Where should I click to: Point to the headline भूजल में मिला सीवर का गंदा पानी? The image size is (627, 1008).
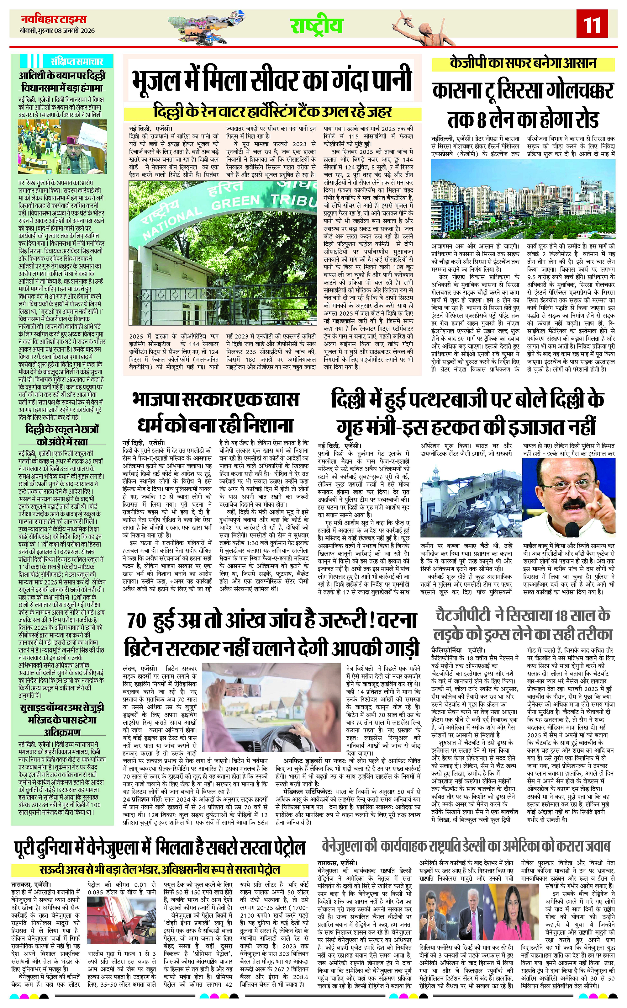coord(271,81)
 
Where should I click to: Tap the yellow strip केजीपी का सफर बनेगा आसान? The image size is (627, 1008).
coord(523,63)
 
